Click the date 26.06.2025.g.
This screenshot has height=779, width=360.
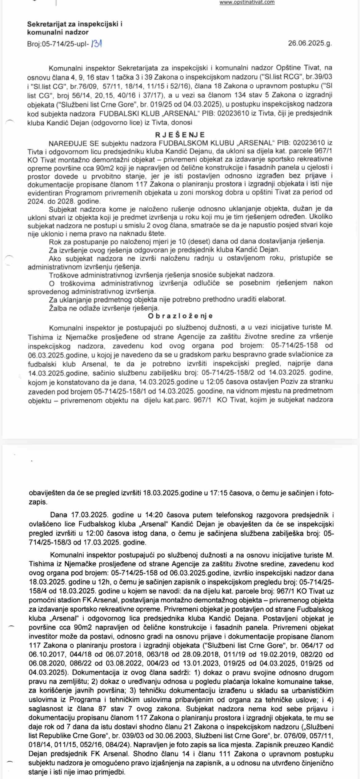click(310, 43)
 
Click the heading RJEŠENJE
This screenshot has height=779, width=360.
click(180, 135)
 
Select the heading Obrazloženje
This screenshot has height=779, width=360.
click(180, 316)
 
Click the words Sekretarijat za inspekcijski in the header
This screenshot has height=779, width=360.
click(74, 24)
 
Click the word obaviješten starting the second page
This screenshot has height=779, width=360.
click(47, 493)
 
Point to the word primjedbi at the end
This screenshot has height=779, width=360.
click(110, 772)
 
